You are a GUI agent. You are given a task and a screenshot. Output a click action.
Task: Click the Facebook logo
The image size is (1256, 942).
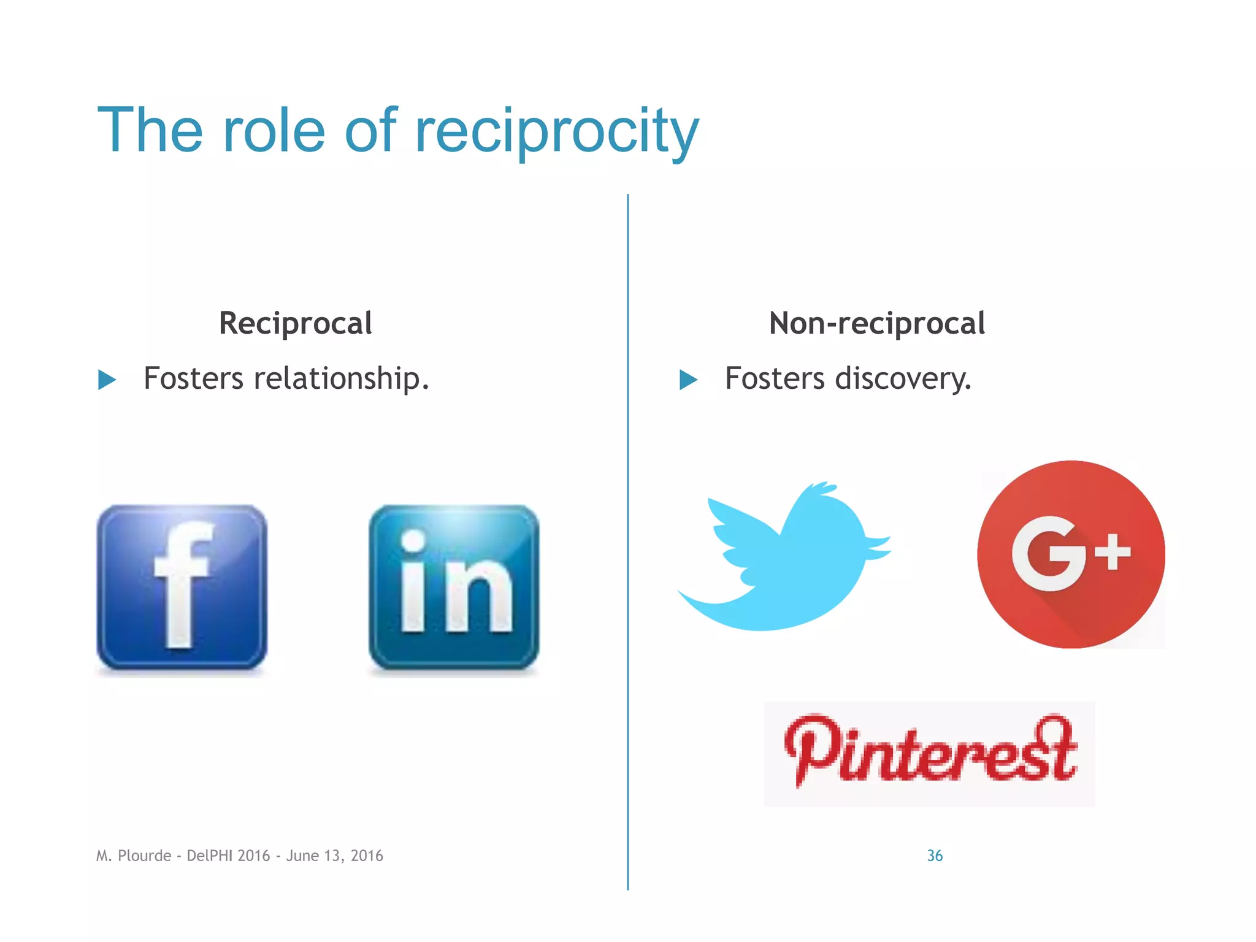click(x=182, y=587)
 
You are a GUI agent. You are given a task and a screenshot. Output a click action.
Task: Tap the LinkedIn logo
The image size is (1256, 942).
click(x=454, y=587)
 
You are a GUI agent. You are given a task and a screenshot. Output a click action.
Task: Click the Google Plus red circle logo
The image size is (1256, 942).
click(x=1071, y=554)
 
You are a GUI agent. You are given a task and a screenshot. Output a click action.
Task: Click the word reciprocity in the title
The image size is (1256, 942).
click(x=556, y=131)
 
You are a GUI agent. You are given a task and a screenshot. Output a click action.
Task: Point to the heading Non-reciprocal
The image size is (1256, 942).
click(x=877, y=323)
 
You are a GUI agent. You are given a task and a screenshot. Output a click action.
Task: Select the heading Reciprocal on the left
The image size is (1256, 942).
click(x=296, y=323)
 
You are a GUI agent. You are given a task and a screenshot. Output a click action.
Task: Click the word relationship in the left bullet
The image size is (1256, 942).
click(x=341, y=378)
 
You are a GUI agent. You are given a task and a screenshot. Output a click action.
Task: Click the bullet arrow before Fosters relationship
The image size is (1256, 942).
click(x=107, y=380)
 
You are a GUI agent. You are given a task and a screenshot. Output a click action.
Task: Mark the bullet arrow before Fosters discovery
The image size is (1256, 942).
click(x=689, y=380)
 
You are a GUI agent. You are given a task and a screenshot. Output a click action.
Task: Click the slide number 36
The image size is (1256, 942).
click(x=935, y=856)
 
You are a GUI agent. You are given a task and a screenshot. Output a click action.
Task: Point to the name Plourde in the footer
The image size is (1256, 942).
click(x=144, y=856)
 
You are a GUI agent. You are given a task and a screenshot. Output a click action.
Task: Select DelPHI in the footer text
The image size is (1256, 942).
click(x=209, y=856)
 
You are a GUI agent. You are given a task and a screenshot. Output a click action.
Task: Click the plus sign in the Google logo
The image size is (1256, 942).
click(x=1112, y=551)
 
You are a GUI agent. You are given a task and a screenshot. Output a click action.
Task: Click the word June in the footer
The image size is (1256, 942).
click(x=302, y=856)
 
